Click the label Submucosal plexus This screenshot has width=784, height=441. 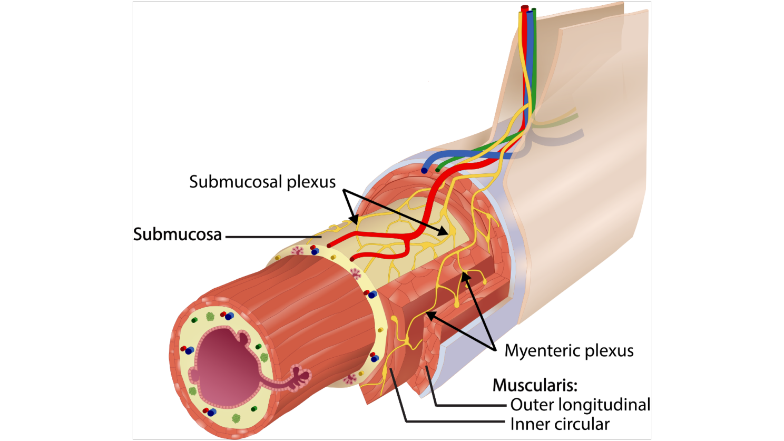[x=262, y=182]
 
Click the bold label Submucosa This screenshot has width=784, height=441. [x=178, y=234]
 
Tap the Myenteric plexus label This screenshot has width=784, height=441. [x=569, y=351]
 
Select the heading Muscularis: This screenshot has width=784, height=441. [x=535, y=385]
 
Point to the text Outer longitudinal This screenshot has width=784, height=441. [x=580, y=405]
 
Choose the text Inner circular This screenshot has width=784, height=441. [x=560, y=424]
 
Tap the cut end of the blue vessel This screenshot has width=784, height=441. [x=424, y=171]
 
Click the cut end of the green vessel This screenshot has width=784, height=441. [x=437, y=170]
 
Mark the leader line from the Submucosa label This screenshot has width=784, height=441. [x=274, y=237]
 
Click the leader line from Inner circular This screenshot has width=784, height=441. [x=453, y=422]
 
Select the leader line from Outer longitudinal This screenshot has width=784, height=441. [x=469, y=405]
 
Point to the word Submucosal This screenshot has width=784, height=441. [x=236, y=182]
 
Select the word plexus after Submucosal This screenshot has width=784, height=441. [x=311, y=182]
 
